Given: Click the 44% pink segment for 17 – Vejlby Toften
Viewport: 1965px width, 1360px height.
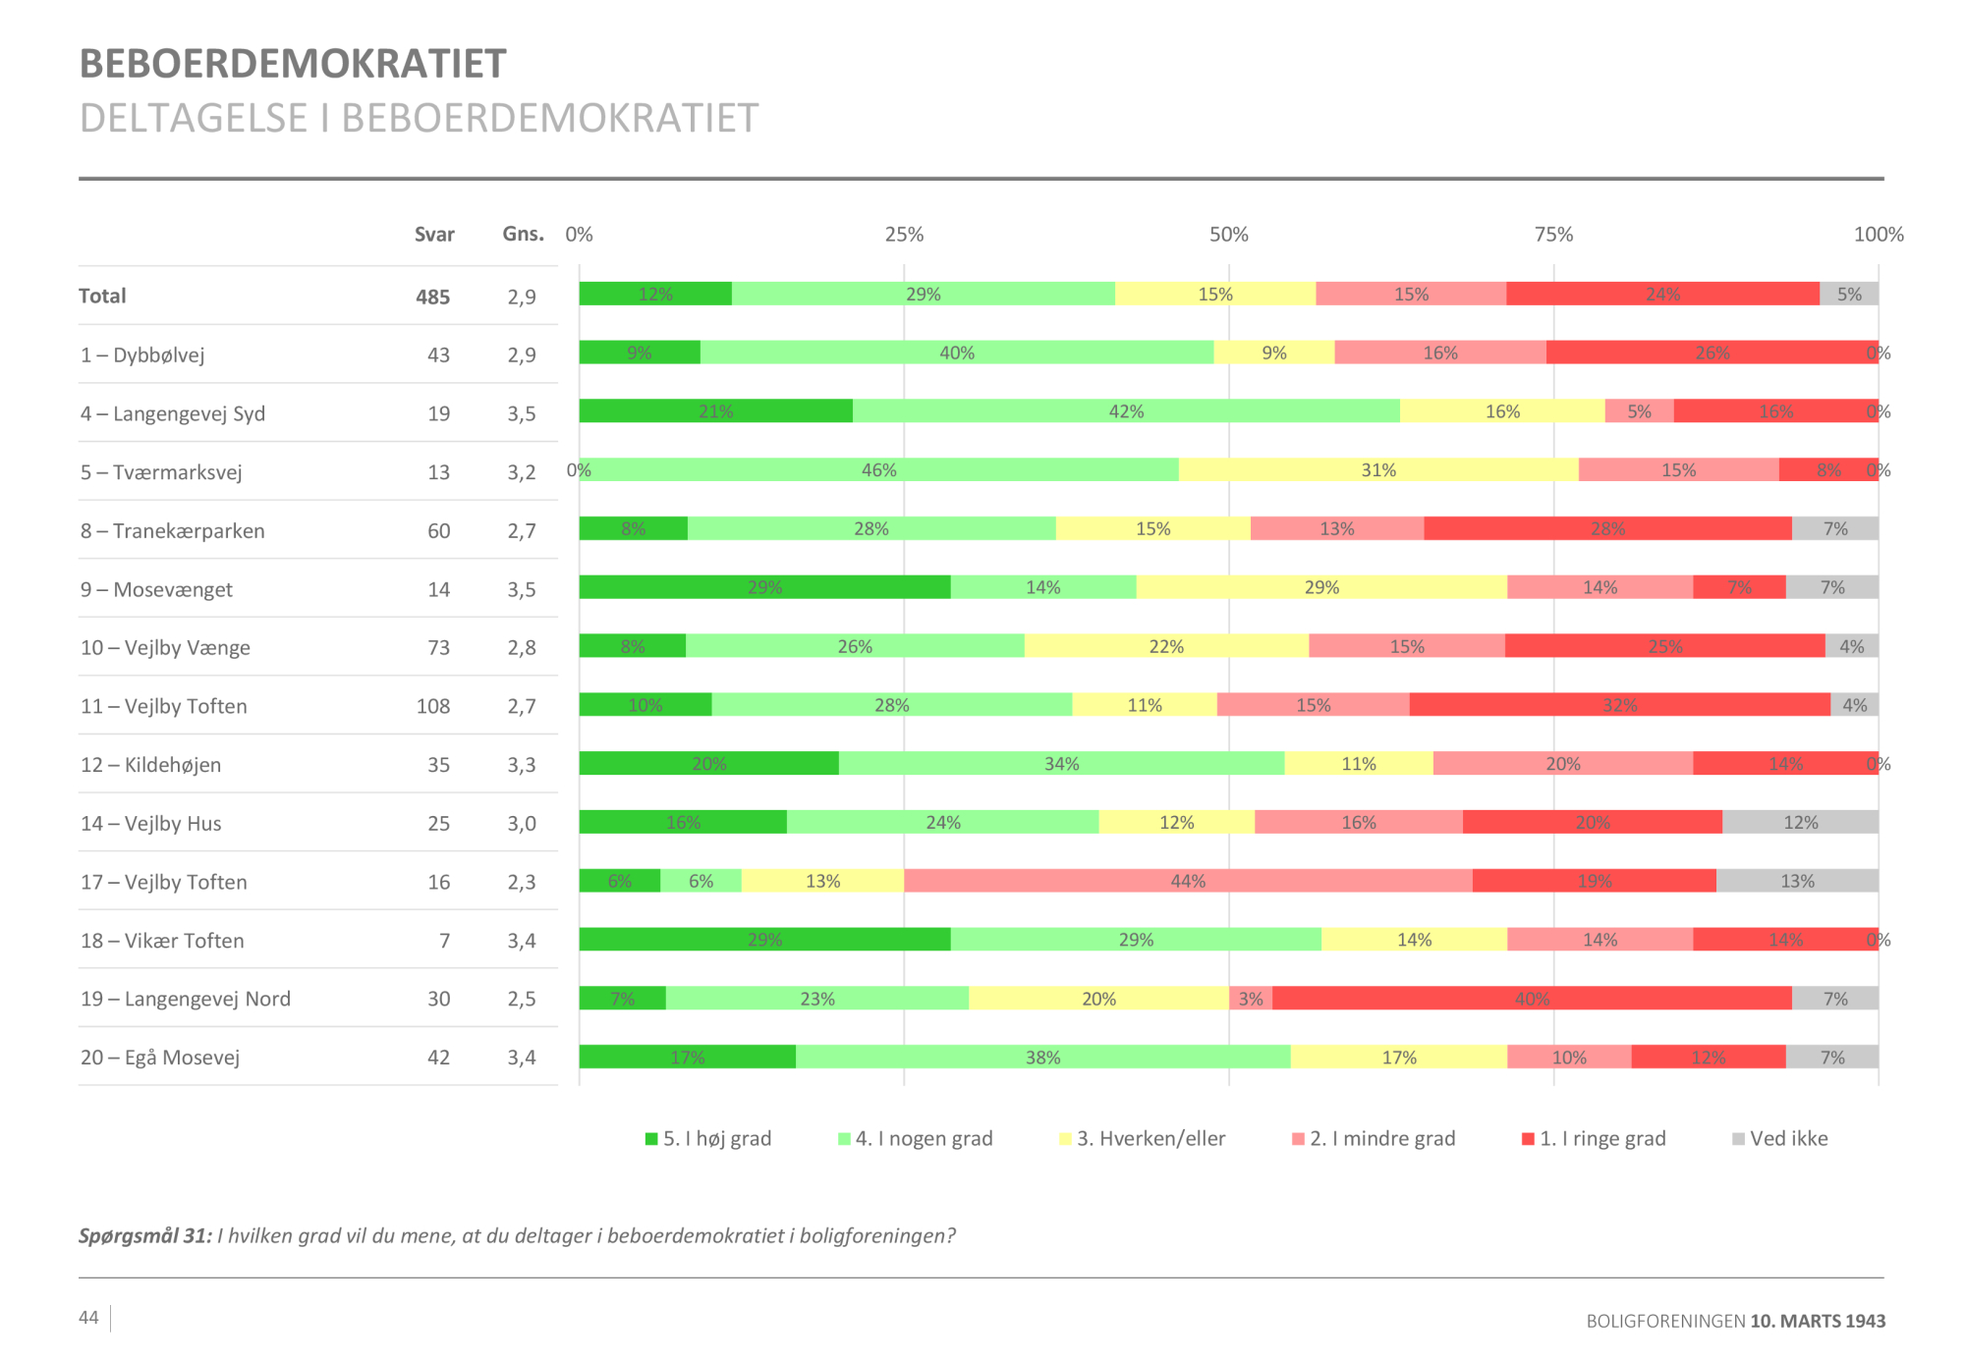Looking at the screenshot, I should (x=1188, y=881).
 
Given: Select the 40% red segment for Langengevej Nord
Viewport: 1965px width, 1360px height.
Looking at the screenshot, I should (x=1532, y=999).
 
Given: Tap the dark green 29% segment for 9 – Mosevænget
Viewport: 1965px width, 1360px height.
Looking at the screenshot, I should (x=764, y=587).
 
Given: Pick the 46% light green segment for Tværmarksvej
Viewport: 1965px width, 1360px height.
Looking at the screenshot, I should (x=879, y=470).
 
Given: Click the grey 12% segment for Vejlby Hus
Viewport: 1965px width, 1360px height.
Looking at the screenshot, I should (x=1800, y=823).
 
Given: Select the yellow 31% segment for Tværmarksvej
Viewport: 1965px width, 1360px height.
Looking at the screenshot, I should (x=1378, y=470).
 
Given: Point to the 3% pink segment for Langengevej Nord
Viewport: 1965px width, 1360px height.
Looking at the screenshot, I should (x=1251, y=999).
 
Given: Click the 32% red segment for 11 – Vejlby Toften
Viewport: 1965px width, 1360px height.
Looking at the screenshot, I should (x=1619, y=705).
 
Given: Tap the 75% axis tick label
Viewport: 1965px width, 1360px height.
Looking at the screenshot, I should (x=1553, y=235).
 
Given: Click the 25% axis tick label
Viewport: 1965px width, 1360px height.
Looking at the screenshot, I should (x=904, y=235).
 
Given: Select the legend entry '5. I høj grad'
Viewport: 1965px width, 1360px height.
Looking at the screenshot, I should (x=708, y=1139).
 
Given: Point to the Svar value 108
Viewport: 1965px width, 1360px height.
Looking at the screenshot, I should (x=433, y=707).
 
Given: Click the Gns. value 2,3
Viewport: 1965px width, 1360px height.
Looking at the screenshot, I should (x=522, y=883).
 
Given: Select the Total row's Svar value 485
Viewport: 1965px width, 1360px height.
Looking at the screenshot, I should (x=432, y=298).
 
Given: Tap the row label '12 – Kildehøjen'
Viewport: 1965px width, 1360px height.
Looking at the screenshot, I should (x=150, y=765).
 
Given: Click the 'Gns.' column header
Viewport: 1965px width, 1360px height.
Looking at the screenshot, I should (x=523, y=235).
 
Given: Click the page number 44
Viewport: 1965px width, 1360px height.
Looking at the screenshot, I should (x=88, y=1318).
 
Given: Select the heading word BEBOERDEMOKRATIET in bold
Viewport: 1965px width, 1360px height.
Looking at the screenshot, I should (x=293, y=65).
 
